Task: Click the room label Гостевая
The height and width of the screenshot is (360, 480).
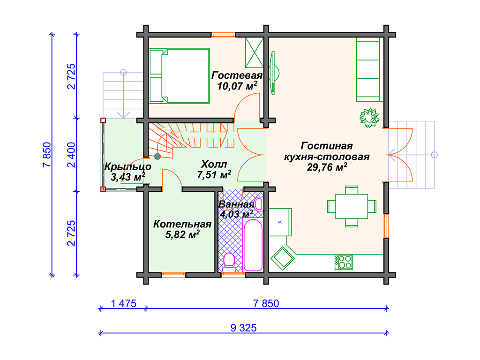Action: coord(237,75)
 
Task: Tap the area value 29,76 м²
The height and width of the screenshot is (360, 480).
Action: coord(327,167)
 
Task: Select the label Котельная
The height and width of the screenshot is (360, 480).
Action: coord(182,224)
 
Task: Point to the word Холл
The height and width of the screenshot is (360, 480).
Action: coord(214,165)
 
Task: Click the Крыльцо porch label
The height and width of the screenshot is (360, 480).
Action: coord(127,167)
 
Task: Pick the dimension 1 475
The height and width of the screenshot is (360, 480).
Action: coord(123,304)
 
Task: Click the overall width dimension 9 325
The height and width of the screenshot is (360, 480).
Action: coord(243,328)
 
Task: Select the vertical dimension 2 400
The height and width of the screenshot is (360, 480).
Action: coord(71,155)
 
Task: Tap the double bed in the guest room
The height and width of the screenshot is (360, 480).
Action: coord(180,75)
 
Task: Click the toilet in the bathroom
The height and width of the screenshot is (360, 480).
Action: coord(229,262)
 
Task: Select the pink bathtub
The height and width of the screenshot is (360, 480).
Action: coord(253,245)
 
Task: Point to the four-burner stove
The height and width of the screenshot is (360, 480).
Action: coord(344,262)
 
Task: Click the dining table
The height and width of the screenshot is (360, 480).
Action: coord(352,206)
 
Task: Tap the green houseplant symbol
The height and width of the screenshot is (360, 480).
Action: coord(369,118)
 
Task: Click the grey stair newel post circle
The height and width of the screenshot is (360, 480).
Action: coord(157,157)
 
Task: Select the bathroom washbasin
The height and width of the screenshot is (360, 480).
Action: coord(259,204)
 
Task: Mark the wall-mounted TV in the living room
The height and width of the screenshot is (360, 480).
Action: coord(273,73)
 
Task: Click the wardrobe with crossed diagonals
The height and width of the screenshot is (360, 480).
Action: coord(254,52)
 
